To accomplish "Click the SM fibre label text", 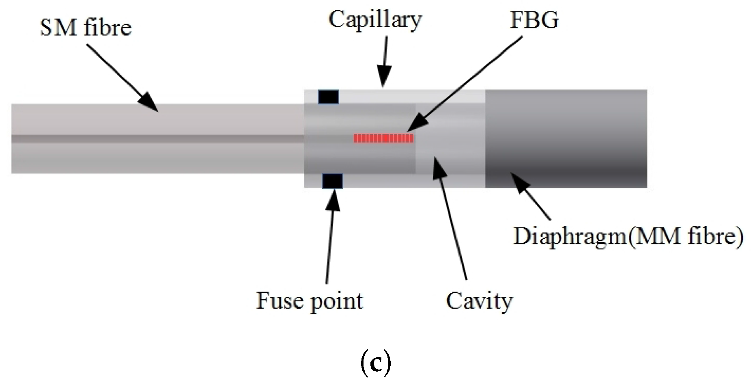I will click(x=86, y=28).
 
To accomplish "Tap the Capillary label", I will click(x=375, y=19).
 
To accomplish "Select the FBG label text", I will click(x=534, y=19).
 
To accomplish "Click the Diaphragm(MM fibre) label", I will click(x=628, y=236).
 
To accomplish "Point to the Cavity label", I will click(x=479, y=301).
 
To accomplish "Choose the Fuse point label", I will click(x=310, y=301).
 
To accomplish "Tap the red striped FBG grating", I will click(x=383, y=138).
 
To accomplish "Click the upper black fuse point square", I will click(x=328, y=97).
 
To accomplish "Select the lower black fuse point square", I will click(x=333, y=181).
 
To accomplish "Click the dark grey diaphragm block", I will click(x=566, y=138).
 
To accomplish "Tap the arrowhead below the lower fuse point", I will click(x=333, y=198).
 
